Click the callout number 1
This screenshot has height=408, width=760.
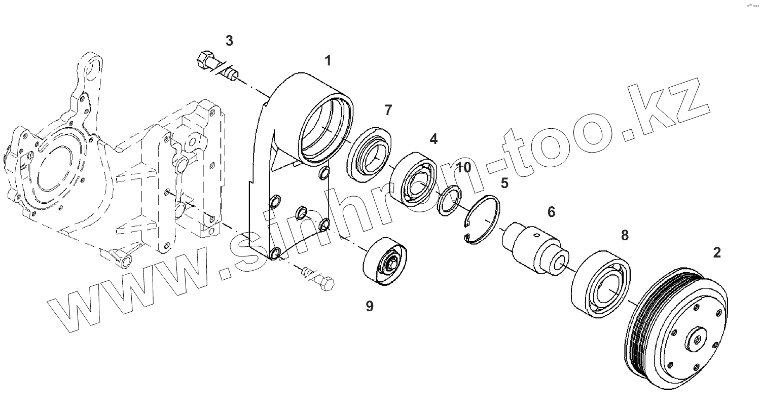coord(328,61)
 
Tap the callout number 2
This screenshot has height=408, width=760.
coord(716,252)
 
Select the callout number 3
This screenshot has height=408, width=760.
coord(229,41)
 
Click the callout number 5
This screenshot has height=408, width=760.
coord(504,182)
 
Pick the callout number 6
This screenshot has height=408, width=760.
coord(551,212)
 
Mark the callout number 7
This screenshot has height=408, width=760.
coord(388,109)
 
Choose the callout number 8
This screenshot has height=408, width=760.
coord(625,235)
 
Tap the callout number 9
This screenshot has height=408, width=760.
coord(370,306)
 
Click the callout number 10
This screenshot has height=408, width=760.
coord(463,167)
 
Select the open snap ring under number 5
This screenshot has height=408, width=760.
coord(481,221)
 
